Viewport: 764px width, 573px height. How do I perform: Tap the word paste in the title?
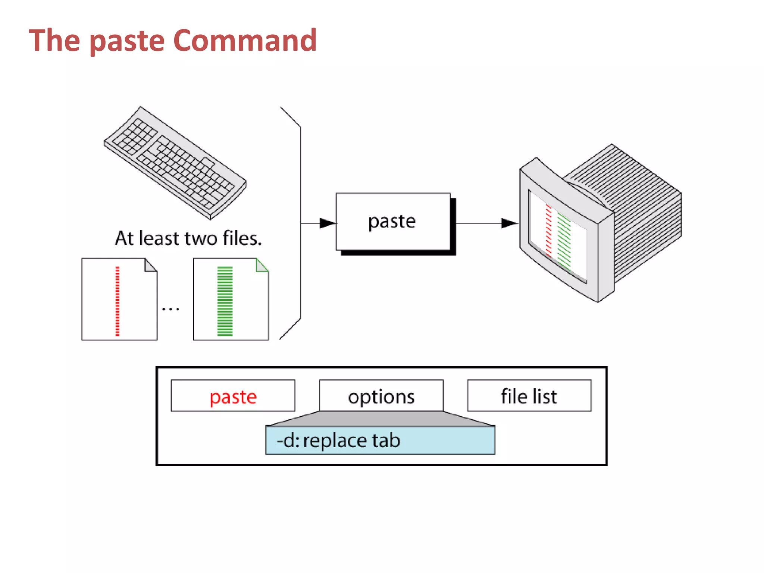click(127, 41)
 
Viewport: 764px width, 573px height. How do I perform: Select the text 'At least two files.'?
click(188, 238)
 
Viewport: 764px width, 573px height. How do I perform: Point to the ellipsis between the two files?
click(170, 309)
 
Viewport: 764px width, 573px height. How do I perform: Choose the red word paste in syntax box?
click(233, 396)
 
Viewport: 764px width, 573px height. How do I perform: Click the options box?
click(381, 396)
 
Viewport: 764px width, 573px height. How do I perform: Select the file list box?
click(529, 396)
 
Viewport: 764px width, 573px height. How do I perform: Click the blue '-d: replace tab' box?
click(380, 441)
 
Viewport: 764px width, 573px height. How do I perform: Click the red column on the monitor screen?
click(548, 229)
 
